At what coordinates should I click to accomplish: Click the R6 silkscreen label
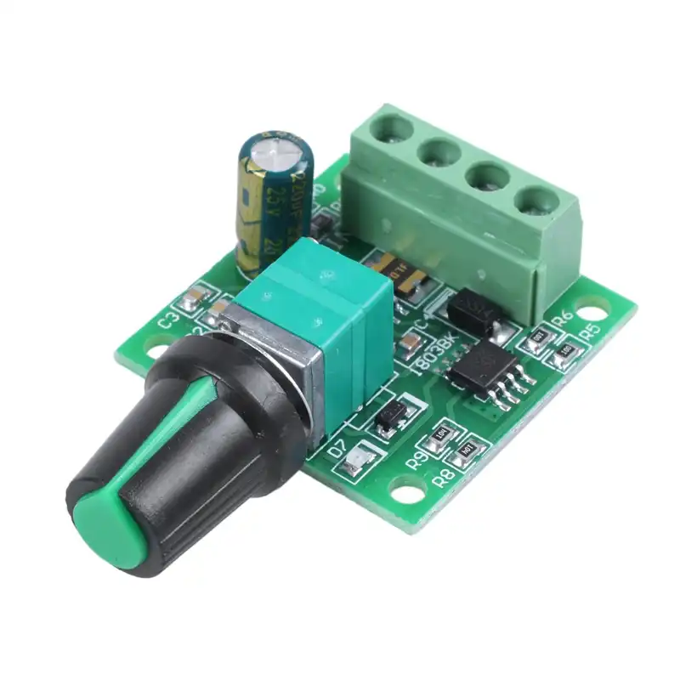pos(562,319)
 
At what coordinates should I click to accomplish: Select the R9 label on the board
pos(416,461)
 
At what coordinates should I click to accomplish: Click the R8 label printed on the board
pos(443,477)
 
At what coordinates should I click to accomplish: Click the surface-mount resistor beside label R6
pos(536,339)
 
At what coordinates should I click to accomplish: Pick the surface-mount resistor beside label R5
pos(564,351)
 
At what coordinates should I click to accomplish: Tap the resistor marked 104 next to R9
pos(440,433)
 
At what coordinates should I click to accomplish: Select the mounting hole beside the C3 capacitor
pos(156,347)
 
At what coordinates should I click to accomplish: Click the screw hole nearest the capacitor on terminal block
pos(392,128)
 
